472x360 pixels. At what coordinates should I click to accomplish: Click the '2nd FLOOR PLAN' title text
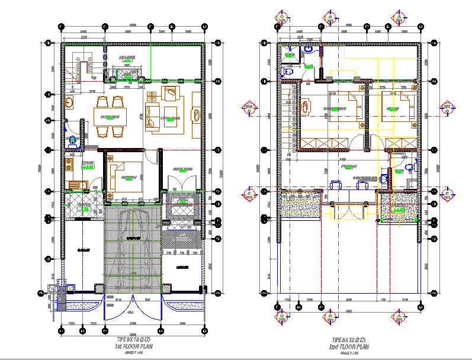pos(351,346)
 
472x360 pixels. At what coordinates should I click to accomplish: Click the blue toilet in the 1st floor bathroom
pos(73,140)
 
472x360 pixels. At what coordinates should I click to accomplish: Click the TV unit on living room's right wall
pos(197,113)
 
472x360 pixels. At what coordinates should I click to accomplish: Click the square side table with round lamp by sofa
pos(151,96)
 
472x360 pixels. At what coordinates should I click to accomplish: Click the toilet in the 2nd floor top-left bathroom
pos(288,72)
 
